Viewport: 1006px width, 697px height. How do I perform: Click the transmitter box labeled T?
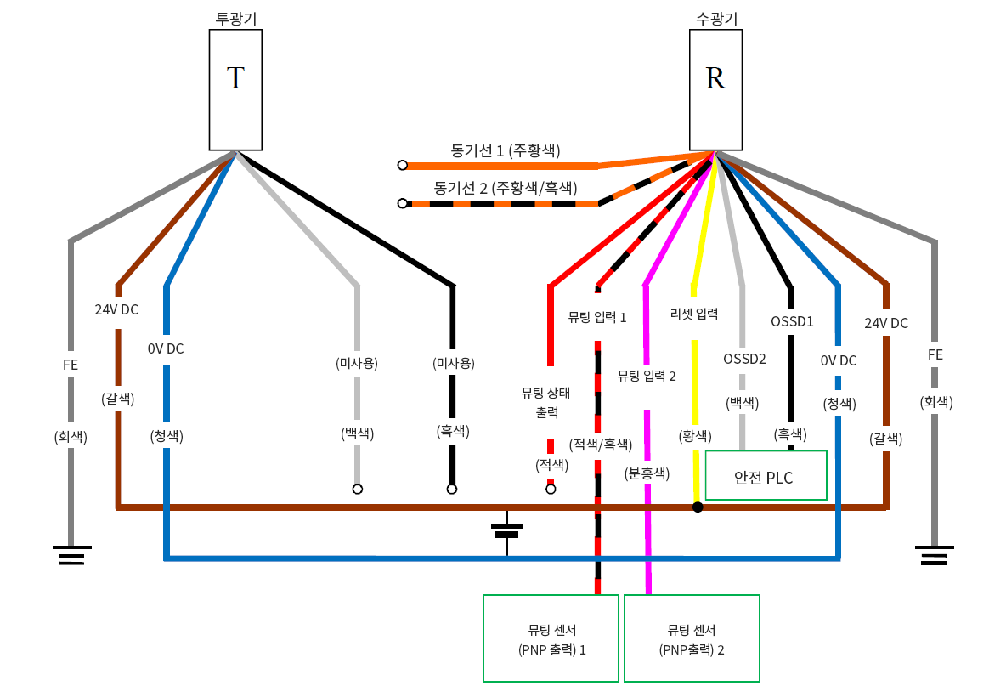coord(235,89)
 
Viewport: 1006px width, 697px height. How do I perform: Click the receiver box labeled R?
coord(715,89)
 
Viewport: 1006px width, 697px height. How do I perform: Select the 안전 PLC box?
coord(766,476)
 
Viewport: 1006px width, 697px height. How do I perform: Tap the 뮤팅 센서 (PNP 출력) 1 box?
coord(551,638)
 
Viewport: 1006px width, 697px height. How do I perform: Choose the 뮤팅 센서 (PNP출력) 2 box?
coord(692,638)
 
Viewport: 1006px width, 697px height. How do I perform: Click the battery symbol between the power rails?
coord(507,530)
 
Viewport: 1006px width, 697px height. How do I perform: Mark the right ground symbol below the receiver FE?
coord(935,556)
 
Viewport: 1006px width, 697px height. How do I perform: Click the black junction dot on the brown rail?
coord(698,507)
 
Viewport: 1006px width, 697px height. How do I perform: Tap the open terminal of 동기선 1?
coord(403,165)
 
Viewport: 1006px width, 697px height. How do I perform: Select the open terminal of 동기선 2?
coord(403,204)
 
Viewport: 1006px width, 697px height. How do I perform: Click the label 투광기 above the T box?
coord(235,17)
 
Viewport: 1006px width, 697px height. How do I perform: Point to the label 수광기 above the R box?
coord(715,17)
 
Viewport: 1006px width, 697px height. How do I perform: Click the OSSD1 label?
coord(792,322)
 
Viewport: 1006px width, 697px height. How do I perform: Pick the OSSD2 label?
coord(744,359)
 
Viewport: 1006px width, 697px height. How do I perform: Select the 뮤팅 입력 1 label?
coord(597,318)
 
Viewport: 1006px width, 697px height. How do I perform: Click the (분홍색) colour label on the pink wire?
coord(648,473)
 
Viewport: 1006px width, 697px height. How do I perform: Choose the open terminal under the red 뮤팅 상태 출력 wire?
coord(551,489)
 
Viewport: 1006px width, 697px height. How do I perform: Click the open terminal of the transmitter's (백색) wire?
coord(358,489)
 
